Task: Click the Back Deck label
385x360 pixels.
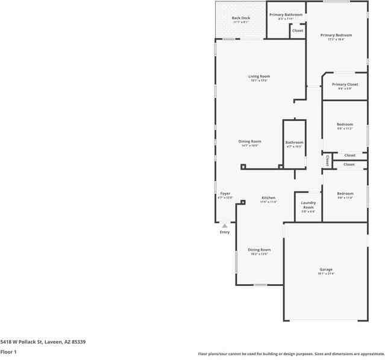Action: tap(241, 18)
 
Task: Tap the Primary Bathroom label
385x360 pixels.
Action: tap(286, 14)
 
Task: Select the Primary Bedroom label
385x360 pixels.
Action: tap(336, 36)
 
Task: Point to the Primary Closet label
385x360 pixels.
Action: tap(345, 84)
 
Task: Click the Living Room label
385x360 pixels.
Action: tap(259, 76)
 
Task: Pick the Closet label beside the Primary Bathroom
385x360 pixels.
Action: tap(298, 30)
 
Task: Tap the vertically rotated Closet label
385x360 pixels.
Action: tap(327, 161)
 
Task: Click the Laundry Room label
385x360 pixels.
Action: tap(308, 205)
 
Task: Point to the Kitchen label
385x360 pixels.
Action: tap(268, 198)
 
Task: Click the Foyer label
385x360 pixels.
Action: tap(225, 194)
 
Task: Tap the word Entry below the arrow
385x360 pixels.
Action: tap(225, 232)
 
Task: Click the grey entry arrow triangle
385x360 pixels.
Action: tap(225, 225)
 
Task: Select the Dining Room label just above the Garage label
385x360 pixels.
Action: tap(259, 250)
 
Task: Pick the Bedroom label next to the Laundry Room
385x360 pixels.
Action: tap(345, 194)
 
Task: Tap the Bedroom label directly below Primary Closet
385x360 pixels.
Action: tap(345, 125)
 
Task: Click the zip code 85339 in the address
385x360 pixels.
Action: tap(77, 341)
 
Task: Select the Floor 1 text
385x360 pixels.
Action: tap(8, 352)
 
